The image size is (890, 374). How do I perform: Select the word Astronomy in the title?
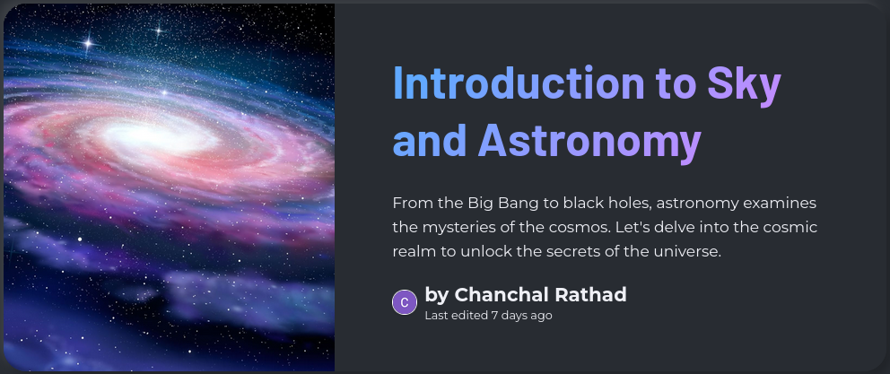click(589, 142)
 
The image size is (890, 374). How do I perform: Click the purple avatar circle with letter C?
click(405, 302)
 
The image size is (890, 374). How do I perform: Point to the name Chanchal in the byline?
click(502, 294)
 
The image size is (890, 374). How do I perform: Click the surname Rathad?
click(590, 294)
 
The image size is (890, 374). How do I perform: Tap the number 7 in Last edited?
click(494, 316)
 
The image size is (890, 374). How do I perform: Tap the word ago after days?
click(540, 316)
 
